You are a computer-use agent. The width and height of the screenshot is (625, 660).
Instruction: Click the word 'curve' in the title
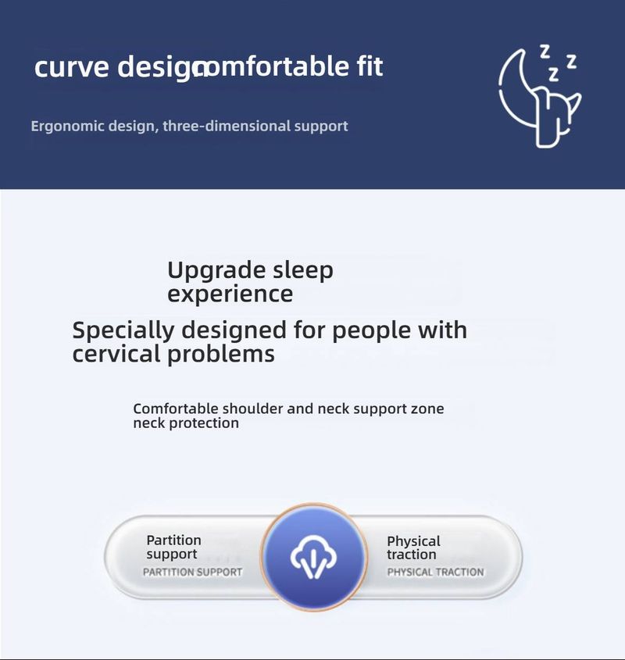(72, 67)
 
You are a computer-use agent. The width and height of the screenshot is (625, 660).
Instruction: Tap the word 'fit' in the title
(370, 66)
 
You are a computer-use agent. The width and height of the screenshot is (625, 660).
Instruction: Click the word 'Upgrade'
(216, 271)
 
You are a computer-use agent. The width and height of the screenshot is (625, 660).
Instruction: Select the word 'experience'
(230, 294)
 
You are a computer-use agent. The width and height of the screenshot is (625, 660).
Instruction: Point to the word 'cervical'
(117, 353)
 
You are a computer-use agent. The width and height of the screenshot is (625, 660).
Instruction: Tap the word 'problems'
(221, 354)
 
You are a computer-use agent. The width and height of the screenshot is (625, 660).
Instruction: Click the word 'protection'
(204, 423)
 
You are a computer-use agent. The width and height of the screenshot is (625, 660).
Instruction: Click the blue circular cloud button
(313, 557)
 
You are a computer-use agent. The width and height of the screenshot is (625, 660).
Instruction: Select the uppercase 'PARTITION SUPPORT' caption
(192, 572)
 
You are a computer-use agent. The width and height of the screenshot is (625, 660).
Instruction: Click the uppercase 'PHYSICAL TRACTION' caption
(435, 572)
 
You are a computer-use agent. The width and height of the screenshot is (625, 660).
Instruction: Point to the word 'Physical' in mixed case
(413, 541)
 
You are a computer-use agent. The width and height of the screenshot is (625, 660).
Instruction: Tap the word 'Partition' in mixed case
(173, 540)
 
